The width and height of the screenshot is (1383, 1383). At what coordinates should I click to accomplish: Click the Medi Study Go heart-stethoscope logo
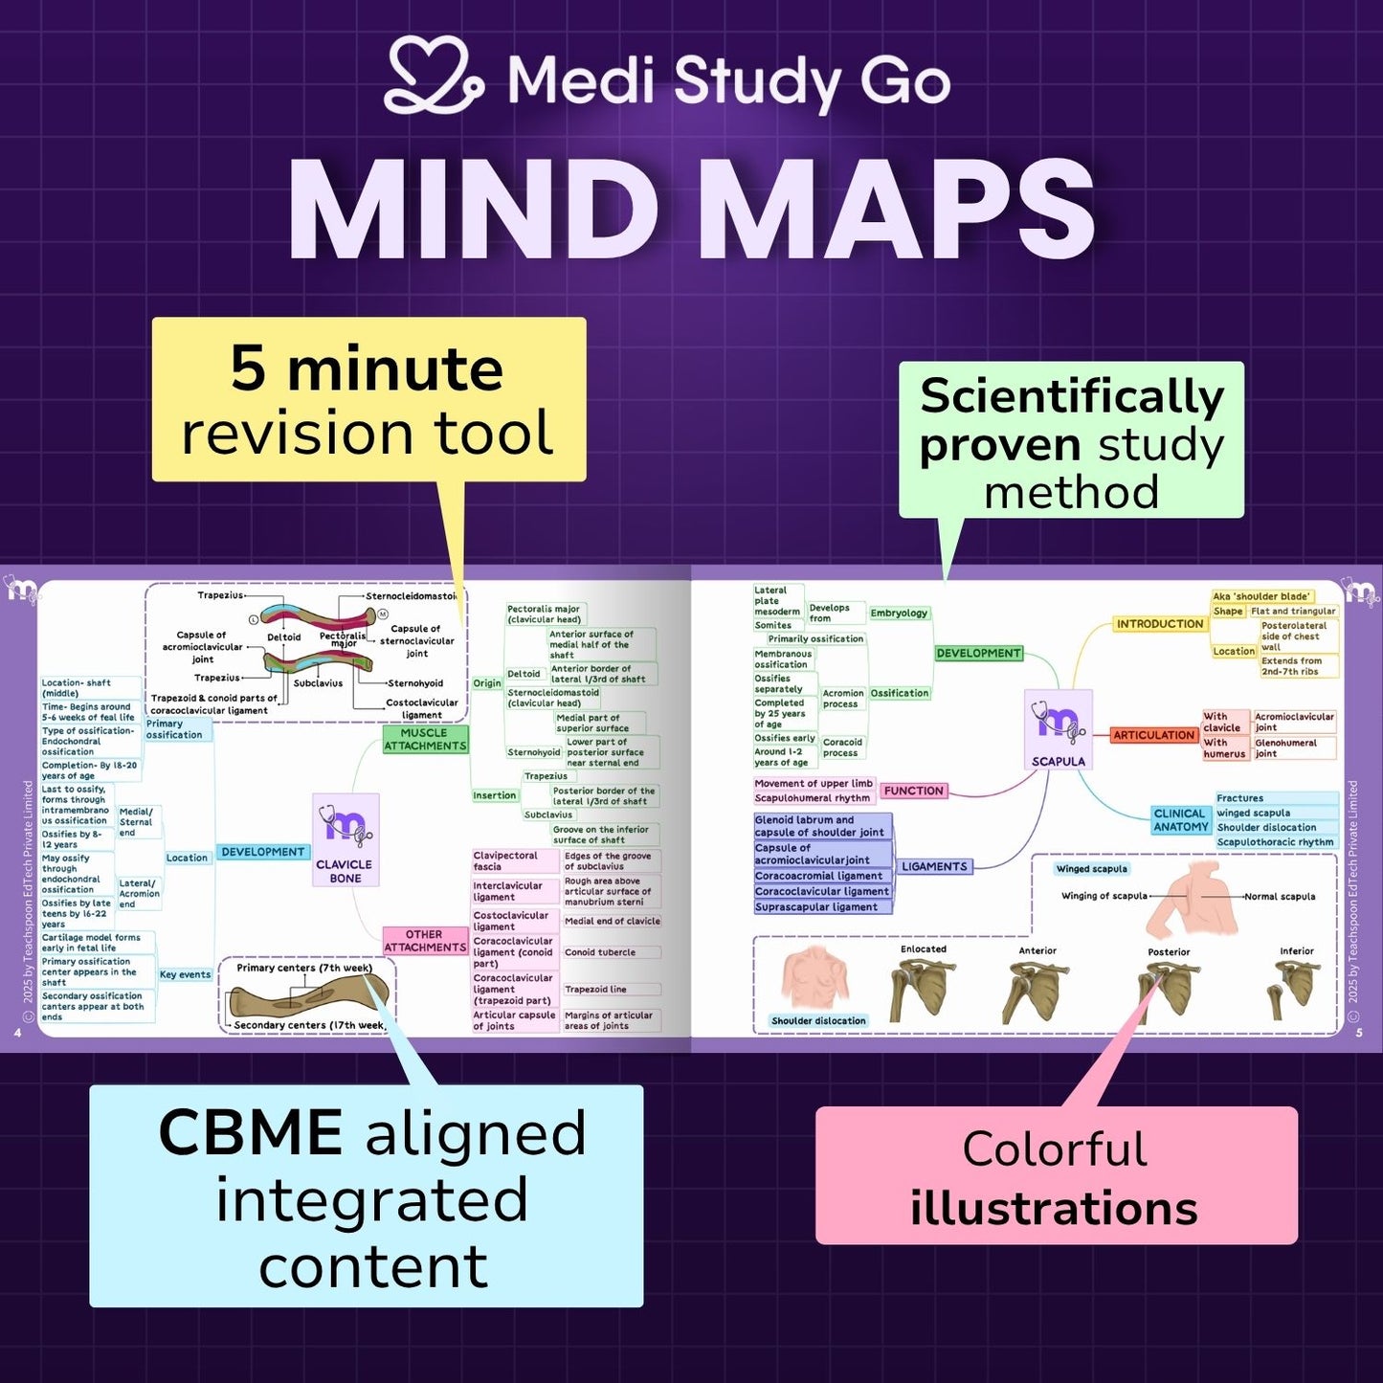tap(433, 77)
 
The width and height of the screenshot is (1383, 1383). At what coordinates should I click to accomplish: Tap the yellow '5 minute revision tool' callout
tap(368, 399)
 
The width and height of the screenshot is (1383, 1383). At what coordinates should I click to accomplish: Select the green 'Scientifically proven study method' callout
tap(1071, 441)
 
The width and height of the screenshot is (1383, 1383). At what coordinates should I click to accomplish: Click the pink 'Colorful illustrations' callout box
tap(1056, 1175)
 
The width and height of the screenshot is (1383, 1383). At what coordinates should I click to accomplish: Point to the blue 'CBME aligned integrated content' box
tap(367, 1196)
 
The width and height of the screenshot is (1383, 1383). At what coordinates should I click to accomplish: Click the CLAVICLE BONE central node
tap(346, 839)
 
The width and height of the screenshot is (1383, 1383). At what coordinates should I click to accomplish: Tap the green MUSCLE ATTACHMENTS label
tap(425, 739)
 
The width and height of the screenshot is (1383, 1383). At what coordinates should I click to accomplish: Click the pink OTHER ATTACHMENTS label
tap(424, 941)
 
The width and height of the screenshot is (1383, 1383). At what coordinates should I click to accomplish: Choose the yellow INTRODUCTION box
tap(1159, 624)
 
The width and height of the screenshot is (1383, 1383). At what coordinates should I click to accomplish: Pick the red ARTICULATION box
tap(1153, 735)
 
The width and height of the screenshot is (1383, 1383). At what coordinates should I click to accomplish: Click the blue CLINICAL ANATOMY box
tap(1180, 820)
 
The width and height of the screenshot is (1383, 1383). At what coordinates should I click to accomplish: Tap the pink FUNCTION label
tap(913, 791)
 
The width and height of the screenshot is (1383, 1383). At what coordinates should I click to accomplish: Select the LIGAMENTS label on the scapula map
tap(934, 866)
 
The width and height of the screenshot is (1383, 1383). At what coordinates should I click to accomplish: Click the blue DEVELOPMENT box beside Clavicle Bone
tap(262, 852)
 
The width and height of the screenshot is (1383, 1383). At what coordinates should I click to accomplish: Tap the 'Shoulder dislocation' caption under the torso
tap(818, 1020)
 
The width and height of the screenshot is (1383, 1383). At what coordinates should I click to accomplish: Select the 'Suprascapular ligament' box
tap(816, 906)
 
